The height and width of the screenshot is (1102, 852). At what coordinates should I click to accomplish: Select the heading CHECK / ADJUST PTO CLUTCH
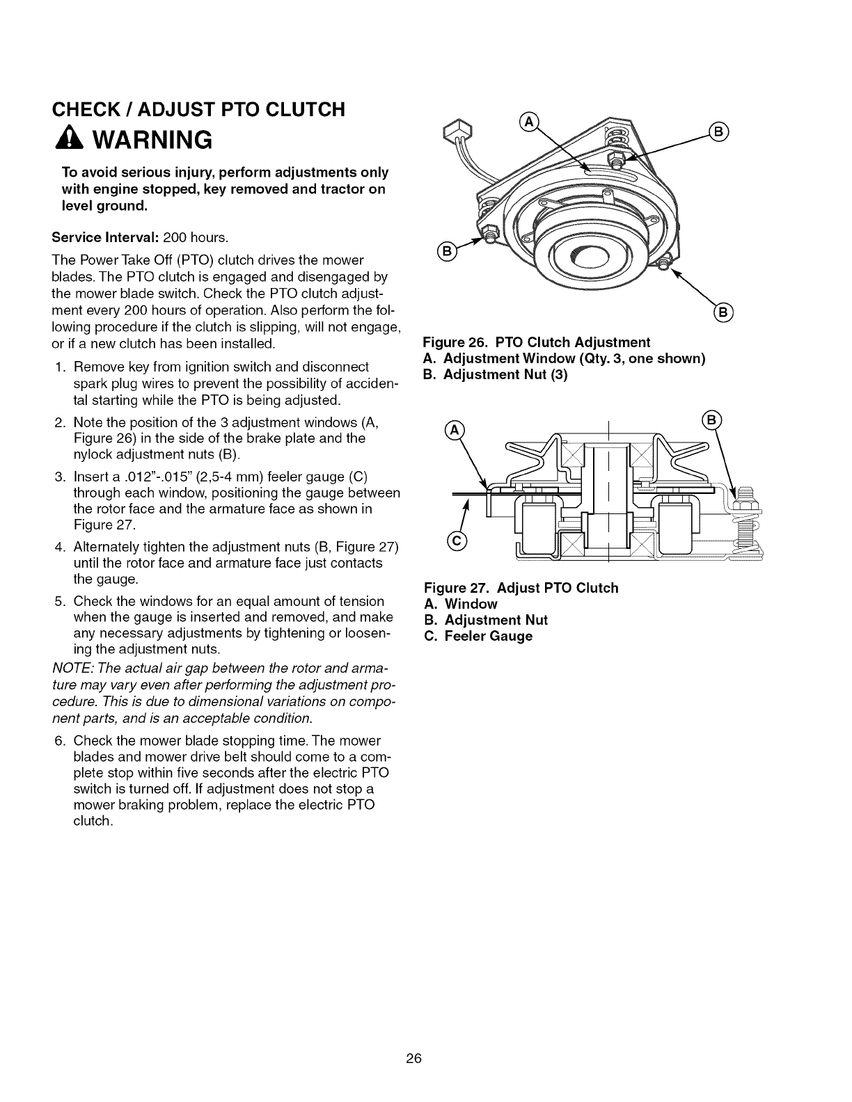click(x=198, y=109)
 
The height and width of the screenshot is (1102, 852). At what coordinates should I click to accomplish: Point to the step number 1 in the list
click(x=58, y=367)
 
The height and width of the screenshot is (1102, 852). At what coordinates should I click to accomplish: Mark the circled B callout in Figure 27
click(x=714, y=420)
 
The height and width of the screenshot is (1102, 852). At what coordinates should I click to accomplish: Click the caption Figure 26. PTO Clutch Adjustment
click(x=537, y=342)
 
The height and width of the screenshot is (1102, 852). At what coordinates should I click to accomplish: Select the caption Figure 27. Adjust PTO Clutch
click(x=521, y=588)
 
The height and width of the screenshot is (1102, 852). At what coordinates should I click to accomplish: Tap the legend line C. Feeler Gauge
click(x=478, y=637)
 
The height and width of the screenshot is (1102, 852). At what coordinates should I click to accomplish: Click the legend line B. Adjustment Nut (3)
click(x=496, y=375)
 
